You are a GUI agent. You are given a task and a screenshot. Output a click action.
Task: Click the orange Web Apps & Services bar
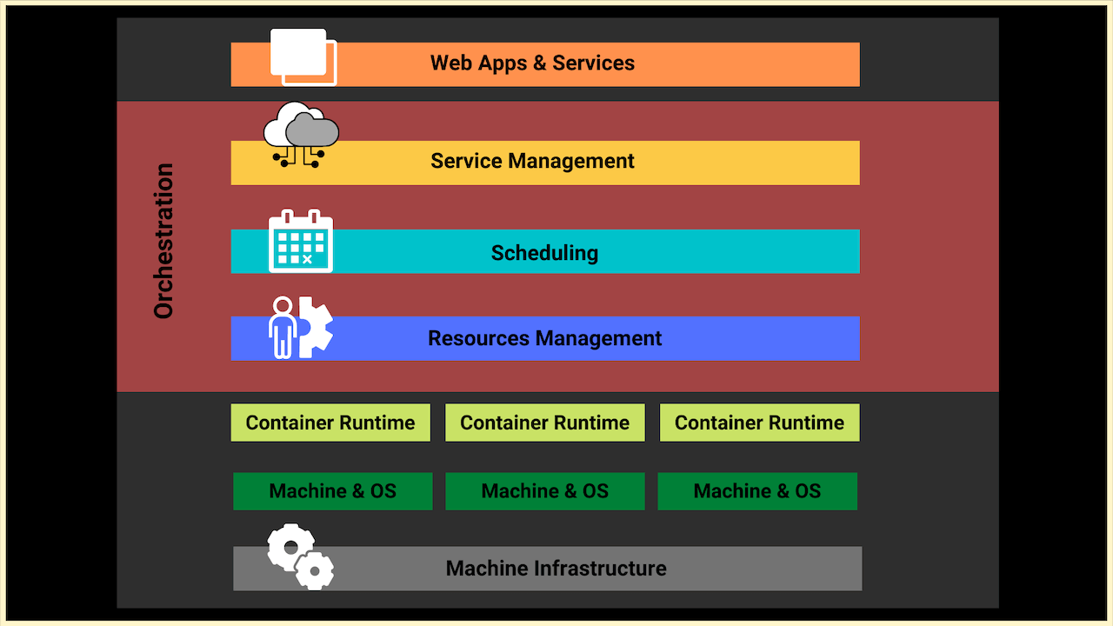tap(545, 64)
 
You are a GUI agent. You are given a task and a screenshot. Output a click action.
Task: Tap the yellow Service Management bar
tap(545, 163)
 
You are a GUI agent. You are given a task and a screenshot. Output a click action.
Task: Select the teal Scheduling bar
tap(545, 252)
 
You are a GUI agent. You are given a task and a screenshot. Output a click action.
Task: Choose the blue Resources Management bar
tap(545, 338)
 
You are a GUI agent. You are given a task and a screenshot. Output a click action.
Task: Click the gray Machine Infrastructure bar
tap(556, 569)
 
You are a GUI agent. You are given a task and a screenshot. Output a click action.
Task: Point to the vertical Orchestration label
tap(163, 241)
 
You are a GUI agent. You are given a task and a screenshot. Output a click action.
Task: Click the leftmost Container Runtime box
tap(330, 423)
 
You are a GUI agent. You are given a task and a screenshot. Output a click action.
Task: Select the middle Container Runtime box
tap(545, 423)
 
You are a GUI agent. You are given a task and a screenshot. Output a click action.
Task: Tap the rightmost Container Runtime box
tap(759, 423)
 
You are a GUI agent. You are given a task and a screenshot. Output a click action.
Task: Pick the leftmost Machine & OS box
tap(332, 491)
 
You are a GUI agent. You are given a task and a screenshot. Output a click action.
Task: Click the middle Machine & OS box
tap(545, 491)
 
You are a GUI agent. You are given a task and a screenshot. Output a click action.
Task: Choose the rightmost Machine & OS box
tap(757, 491)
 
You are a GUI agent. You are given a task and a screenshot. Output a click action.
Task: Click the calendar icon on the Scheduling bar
tap(301, 242)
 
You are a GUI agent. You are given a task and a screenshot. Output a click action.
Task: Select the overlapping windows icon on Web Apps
tap(303, 57)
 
